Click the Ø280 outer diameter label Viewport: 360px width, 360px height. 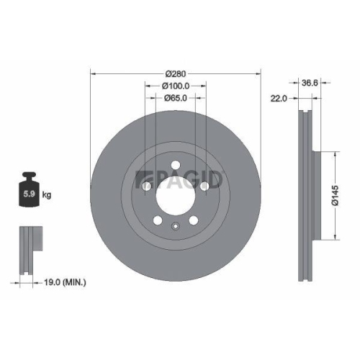[176, 73]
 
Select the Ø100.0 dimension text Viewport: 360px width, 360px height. [176, 86]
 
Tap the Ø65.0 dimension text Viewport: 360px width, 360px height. [176, 98]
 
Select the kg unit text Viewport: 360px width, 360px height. [47, 195]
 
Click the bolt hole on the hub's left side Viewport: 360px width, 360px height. [147, 187]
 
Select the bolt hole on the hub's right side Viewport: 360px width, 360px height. [204, 187]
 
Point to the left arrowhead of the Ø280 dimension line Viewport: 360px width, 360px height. [93, 73]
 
